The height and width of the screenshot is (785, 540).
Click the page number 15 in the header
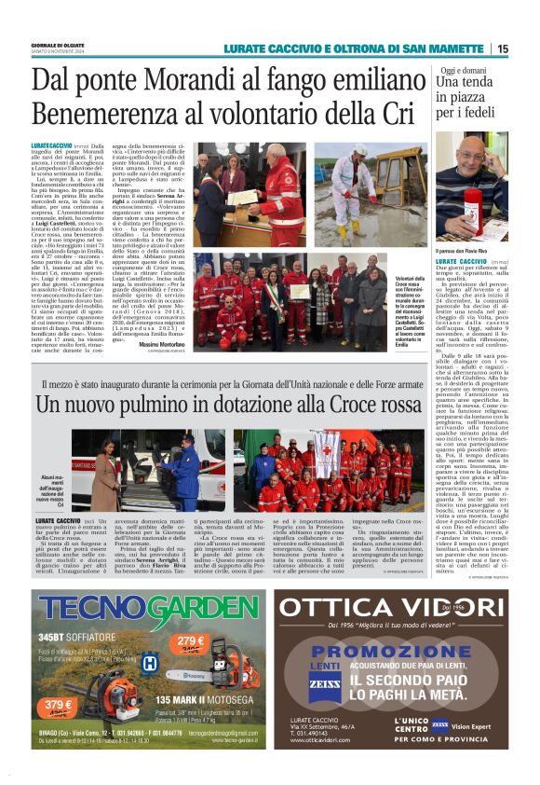[x=503, y=48]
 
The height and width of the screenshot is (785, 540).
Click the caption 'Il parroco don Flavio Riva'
[x=463, y=251]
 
